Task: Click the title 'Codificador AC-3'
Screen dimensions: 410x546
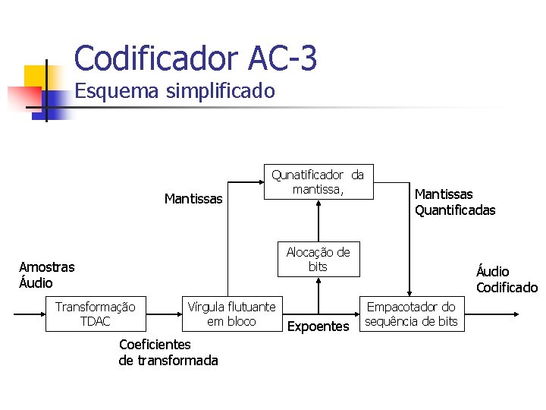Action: (x=196, y=58)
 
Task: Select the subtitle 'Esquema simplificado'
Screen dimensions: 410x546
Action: (x=174, y=92)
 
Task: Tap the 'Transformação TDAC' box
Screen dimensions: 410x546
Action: (x=95, y=314)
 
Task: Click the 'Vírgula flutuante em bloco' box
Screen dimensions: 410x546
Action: (x=231, y=314)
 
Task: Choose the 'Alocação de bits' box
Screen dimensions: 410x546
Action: (x=318, y=260)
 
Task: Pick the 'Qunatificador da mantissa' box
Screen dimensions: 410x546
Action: (x=318, y=182)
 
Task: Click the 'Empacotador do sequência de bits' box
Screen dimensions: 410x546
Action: (x=411, y=314)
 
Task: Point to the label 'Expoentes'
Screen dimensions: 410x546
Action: (x=318, y=326)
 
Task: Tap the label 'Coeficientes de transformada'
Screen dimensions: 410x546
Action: (x=168, y=352)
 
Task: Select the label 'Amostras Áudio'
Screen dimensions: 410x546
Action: (x=46, y=275)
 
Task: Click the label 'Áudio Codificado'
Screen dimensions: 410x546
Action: (x=506, y=279)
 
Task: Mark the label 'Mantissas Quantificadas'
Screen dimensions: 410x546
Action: (x=454, y=203)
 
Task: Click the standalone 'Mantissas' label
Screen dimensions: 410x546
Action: (x=193, y=200)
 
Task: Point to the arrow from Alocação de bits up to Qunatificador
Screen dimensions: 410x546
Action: (x=318, y=220)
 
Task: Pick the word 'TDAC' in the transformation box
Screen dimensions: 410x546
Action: (x=95, y=321)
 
